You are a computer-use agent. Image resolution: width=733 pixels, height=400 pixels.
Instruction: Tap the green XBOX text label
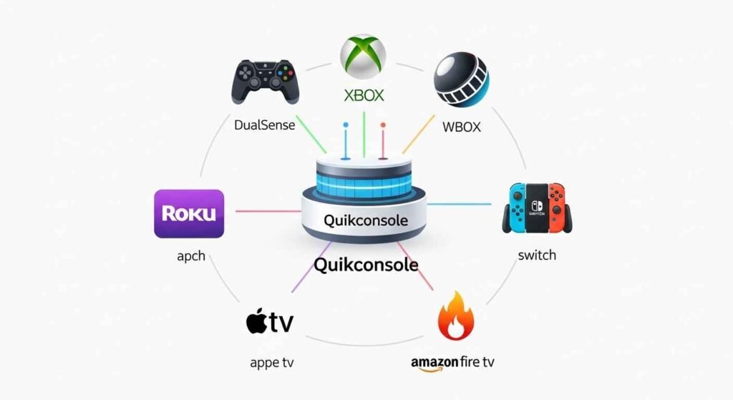point(363,95)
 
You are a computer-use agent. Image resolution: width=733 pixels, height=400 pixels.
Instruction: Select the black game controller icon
point(264,82)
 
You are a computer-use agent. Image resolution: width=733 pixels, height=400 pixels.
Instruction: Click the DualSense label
point(264,125)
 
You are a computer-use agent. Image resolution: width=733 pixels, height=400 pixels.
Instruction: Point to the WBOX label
point(462,127)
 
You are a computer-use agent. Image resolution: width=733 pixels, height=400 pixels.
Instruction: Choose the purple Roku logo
point(189,213)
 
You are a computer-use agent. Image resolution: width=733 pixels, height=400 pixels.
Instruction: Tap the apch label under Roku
point(190,255)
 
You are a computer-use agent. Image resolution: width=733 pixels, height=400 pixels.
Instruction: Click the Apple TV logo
point(269,322)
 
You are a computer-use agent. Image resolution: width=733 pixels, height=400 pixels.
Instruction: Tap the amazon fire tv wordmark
point(452,362)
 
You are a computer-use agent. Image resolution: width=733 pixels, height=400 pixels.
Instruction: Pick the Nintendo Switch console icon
point(536,208)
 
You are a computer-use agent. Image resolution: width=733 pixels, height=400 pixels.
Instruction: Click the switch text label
point(536,255)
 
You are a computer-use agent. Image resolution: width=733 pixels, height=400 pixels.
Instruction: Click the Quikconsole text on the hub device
point(366,220)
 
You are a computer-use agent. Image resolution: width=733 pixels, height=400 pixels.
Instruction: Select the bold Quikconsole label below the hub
point(366,265)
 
